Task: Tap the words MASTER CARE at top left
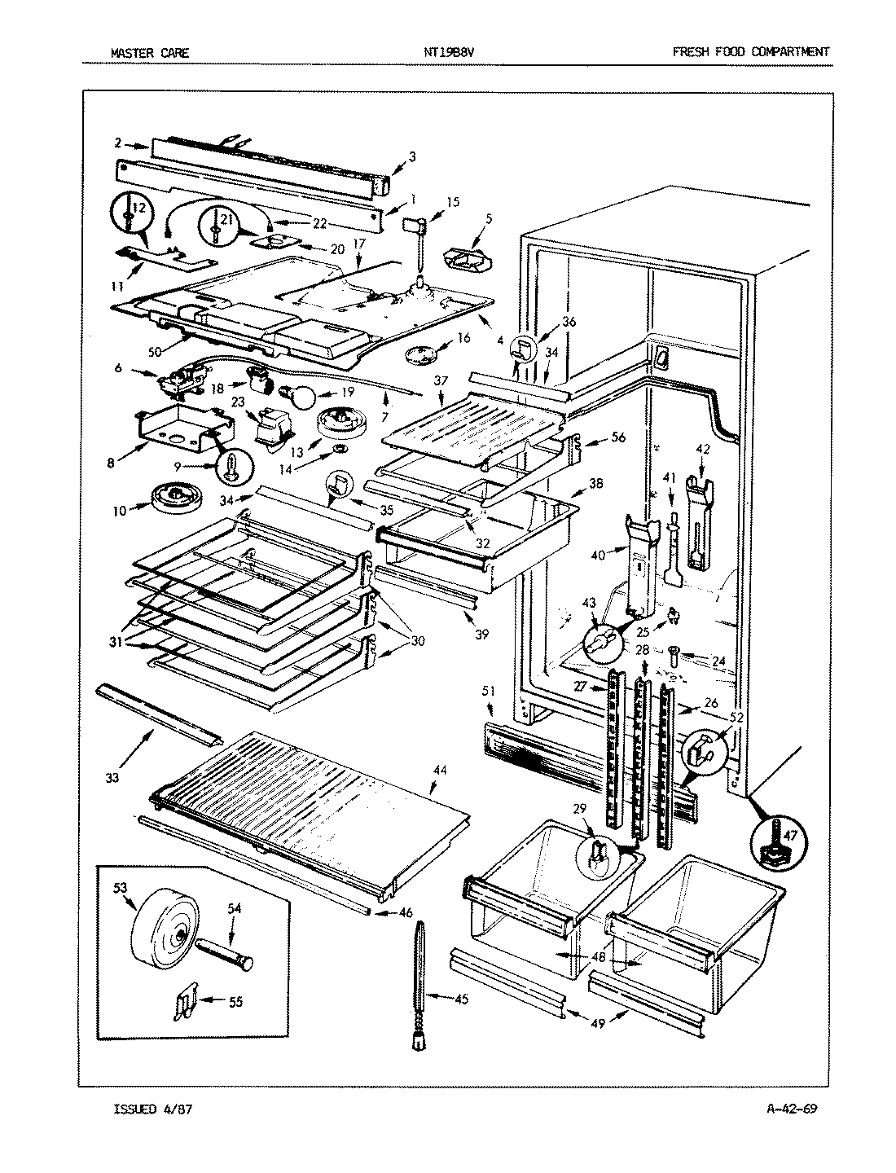pos(149,53)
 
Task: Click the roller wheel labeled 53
pos(165,927)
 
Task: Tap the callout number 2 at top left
pos(119,143)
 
